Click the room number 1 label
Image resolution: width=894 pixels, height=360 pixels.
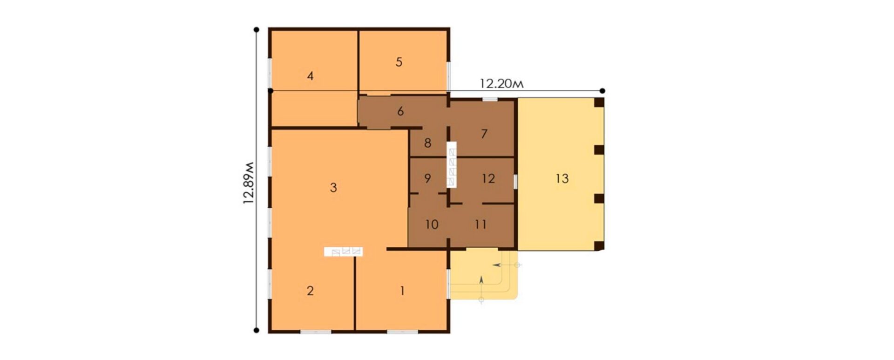click(402, 291)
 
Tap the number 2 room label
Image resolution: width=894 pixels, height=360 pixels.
click(310, 291)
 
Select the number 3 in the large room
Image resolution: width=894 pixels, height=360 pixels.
click(333, 188)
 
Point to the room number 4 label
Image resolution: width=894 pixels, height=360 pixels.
click(311, 76)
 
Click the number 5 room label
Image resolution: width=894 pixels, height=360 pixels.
click(399, 62)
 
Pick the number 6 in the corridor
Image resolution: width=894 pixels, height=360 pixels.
click(400, 111)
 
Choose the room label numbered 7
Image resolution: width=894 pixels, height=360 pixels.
click(484, 134)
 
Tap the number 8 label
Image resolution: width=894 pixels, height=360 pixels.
click(428, 143)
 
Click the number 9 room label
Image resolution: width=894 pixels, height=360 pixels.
click(428, 178)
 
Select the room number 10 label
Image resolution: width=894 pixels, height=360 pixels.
click(432, 224)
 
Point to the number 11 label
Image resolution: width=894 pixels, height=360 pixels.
click(481, 224)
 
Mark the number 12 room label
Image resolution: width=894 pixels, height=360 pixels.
click(488, 178)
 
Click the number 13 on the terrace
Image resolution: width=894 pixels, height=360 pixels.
click(562, 178)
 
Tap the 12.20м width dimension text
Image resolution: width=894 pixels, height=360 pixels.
click(502, 84)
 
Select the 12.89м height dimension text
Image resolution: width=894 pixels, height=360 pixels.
click(249, 183)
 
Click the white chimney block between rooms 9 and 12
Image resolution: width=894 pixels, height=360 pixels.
click(452, 165)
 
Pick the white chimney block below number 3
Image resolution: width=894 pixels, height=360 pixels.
click(344, 252)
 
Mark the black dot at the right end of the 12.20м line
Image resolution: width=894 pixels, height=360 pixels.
click(603, 91)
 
